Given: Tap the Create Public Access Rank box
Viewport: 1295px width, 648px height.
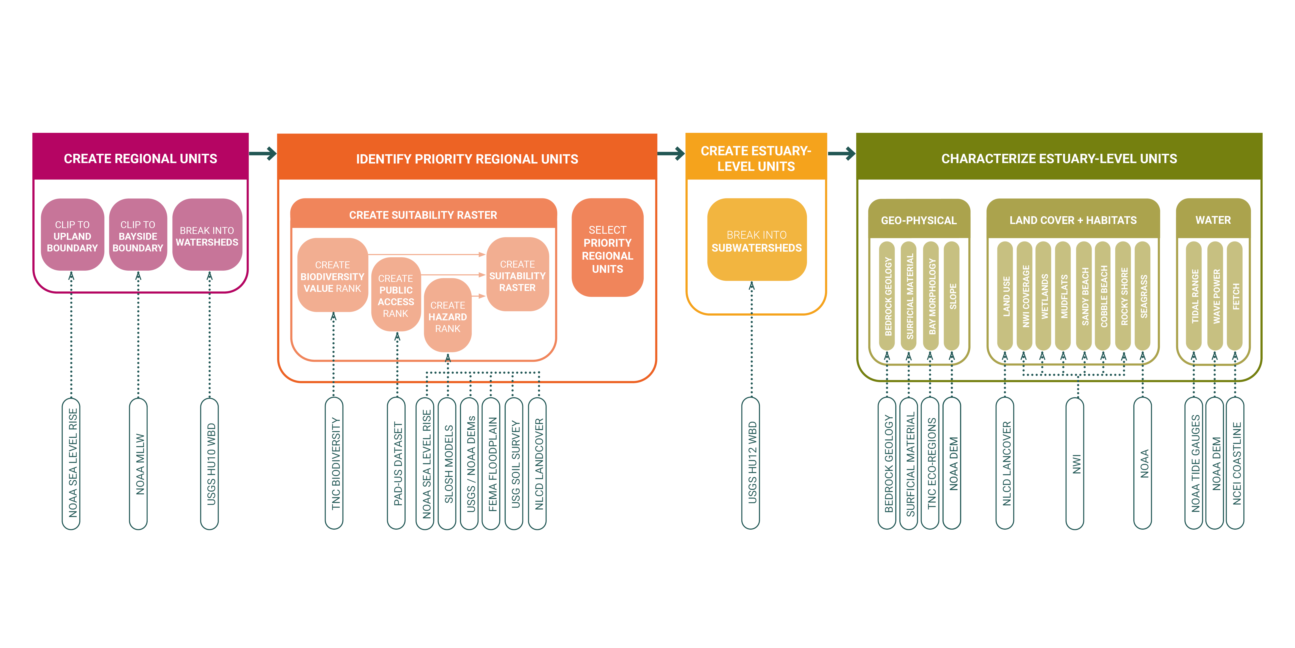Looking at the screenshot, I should pos(396,295).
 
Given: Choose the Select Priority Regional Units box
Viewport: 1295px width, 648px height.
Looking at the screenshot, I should pos(607,249).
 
